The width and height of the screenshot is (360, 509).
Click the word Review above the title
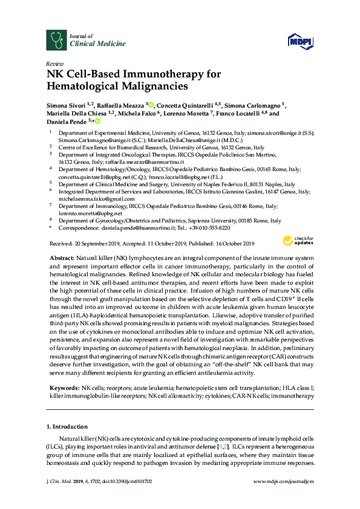pos(54,63)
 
